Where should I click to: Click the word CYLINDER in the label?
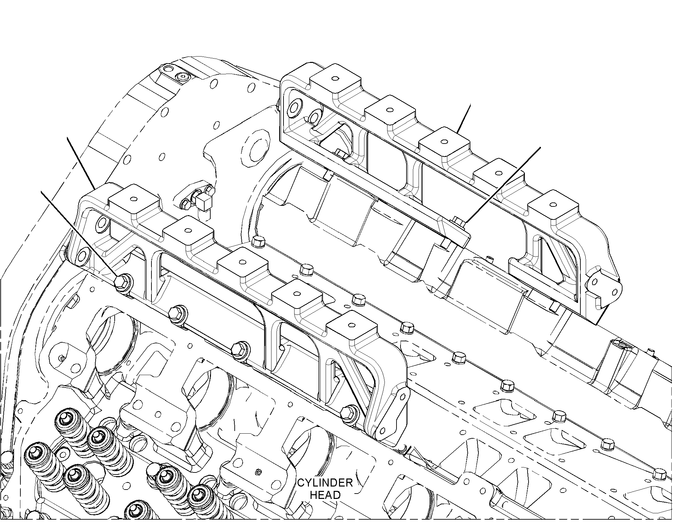pyautogui.click(x=325, y=483)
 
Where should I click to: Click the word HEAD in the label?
pyautogui.click(x=325, y=495)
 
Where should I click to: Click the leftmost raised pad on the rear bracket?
pyautogui.click(x=335, y=80)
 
